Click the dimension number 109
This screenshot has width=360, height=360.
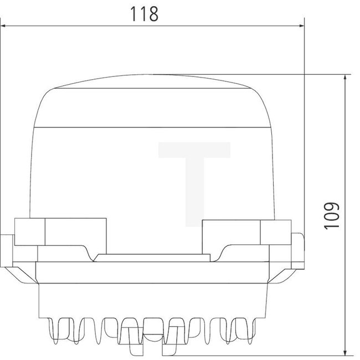coord(331,216)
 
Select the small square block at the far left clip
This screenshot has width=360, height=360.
coord(29,232)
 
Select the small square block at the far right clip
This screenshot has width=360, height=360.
coord(275,232)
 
